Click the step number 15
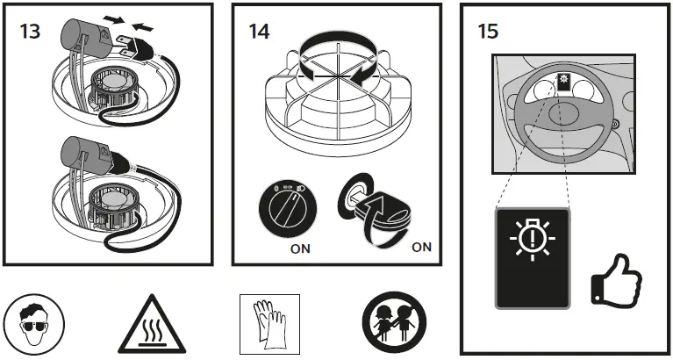[490, 32]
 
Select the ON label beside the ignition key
[421, 247]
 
